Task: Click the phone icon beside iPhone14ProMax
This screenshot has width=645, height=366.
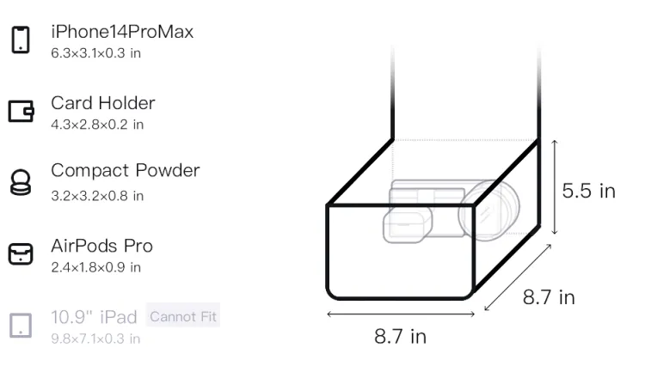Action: [x=21, y=40]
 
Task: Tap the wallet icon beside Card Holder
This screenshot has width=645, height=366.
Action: [x=21, y=111]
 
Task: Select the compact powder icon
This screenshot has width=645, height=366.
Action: [x=21, y=182]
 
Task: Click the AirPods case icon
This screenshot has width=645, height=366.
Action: [x=21, y=253]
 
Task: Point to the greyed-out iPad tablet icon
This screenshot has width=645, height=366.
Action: [x=21, y=326]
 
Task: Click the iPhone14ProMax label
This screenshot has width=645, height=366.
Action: [x=122, y=32]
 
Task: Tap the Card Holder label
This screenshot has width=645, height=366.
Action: [x=103, y=103]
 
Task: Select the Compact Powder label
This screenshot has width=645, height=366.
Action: [x=126, y=170]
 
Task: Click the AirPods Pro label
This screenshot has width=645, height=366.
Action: [x=102, y=246]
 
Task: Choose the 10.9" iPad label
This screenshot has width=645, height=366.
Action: [x=94, y=317]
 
